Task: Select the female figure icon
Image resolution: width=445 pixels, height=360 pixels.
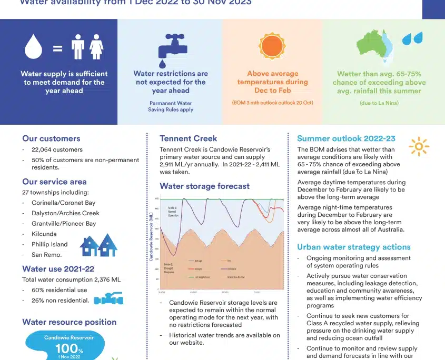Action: pyautogui.click(x=96, y=47)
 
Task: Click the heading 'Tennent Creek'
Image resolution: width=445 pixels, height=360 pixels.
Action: pyautogui.click(x=188, y=138)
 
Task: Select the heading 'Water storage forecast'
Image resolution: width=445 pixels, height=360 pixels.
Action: pyautogui.click(x=204, y=186)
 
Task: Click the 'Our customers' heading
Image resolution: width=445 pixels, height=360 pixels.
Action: pyautogui.click(x=51, y=138)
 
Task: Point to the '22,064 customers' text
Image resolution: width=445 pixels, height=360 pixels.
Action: pyautogui.click(x=57, y=149)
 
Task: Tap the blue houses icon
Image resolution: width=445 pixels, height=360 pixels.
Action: pyautogui.click(x=98, y=245)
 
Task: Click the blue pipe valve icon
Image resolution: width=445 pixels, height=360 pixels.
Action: pyautogui.click(x=108, y=298)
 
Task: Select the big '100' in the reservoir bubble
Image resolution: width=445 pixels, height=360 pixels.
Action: pyautogui.click(x=67, y=348)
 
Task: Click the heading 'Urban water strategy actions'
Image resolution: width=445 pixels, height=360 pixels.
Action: pyautogui.click(x=353, y=247)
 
